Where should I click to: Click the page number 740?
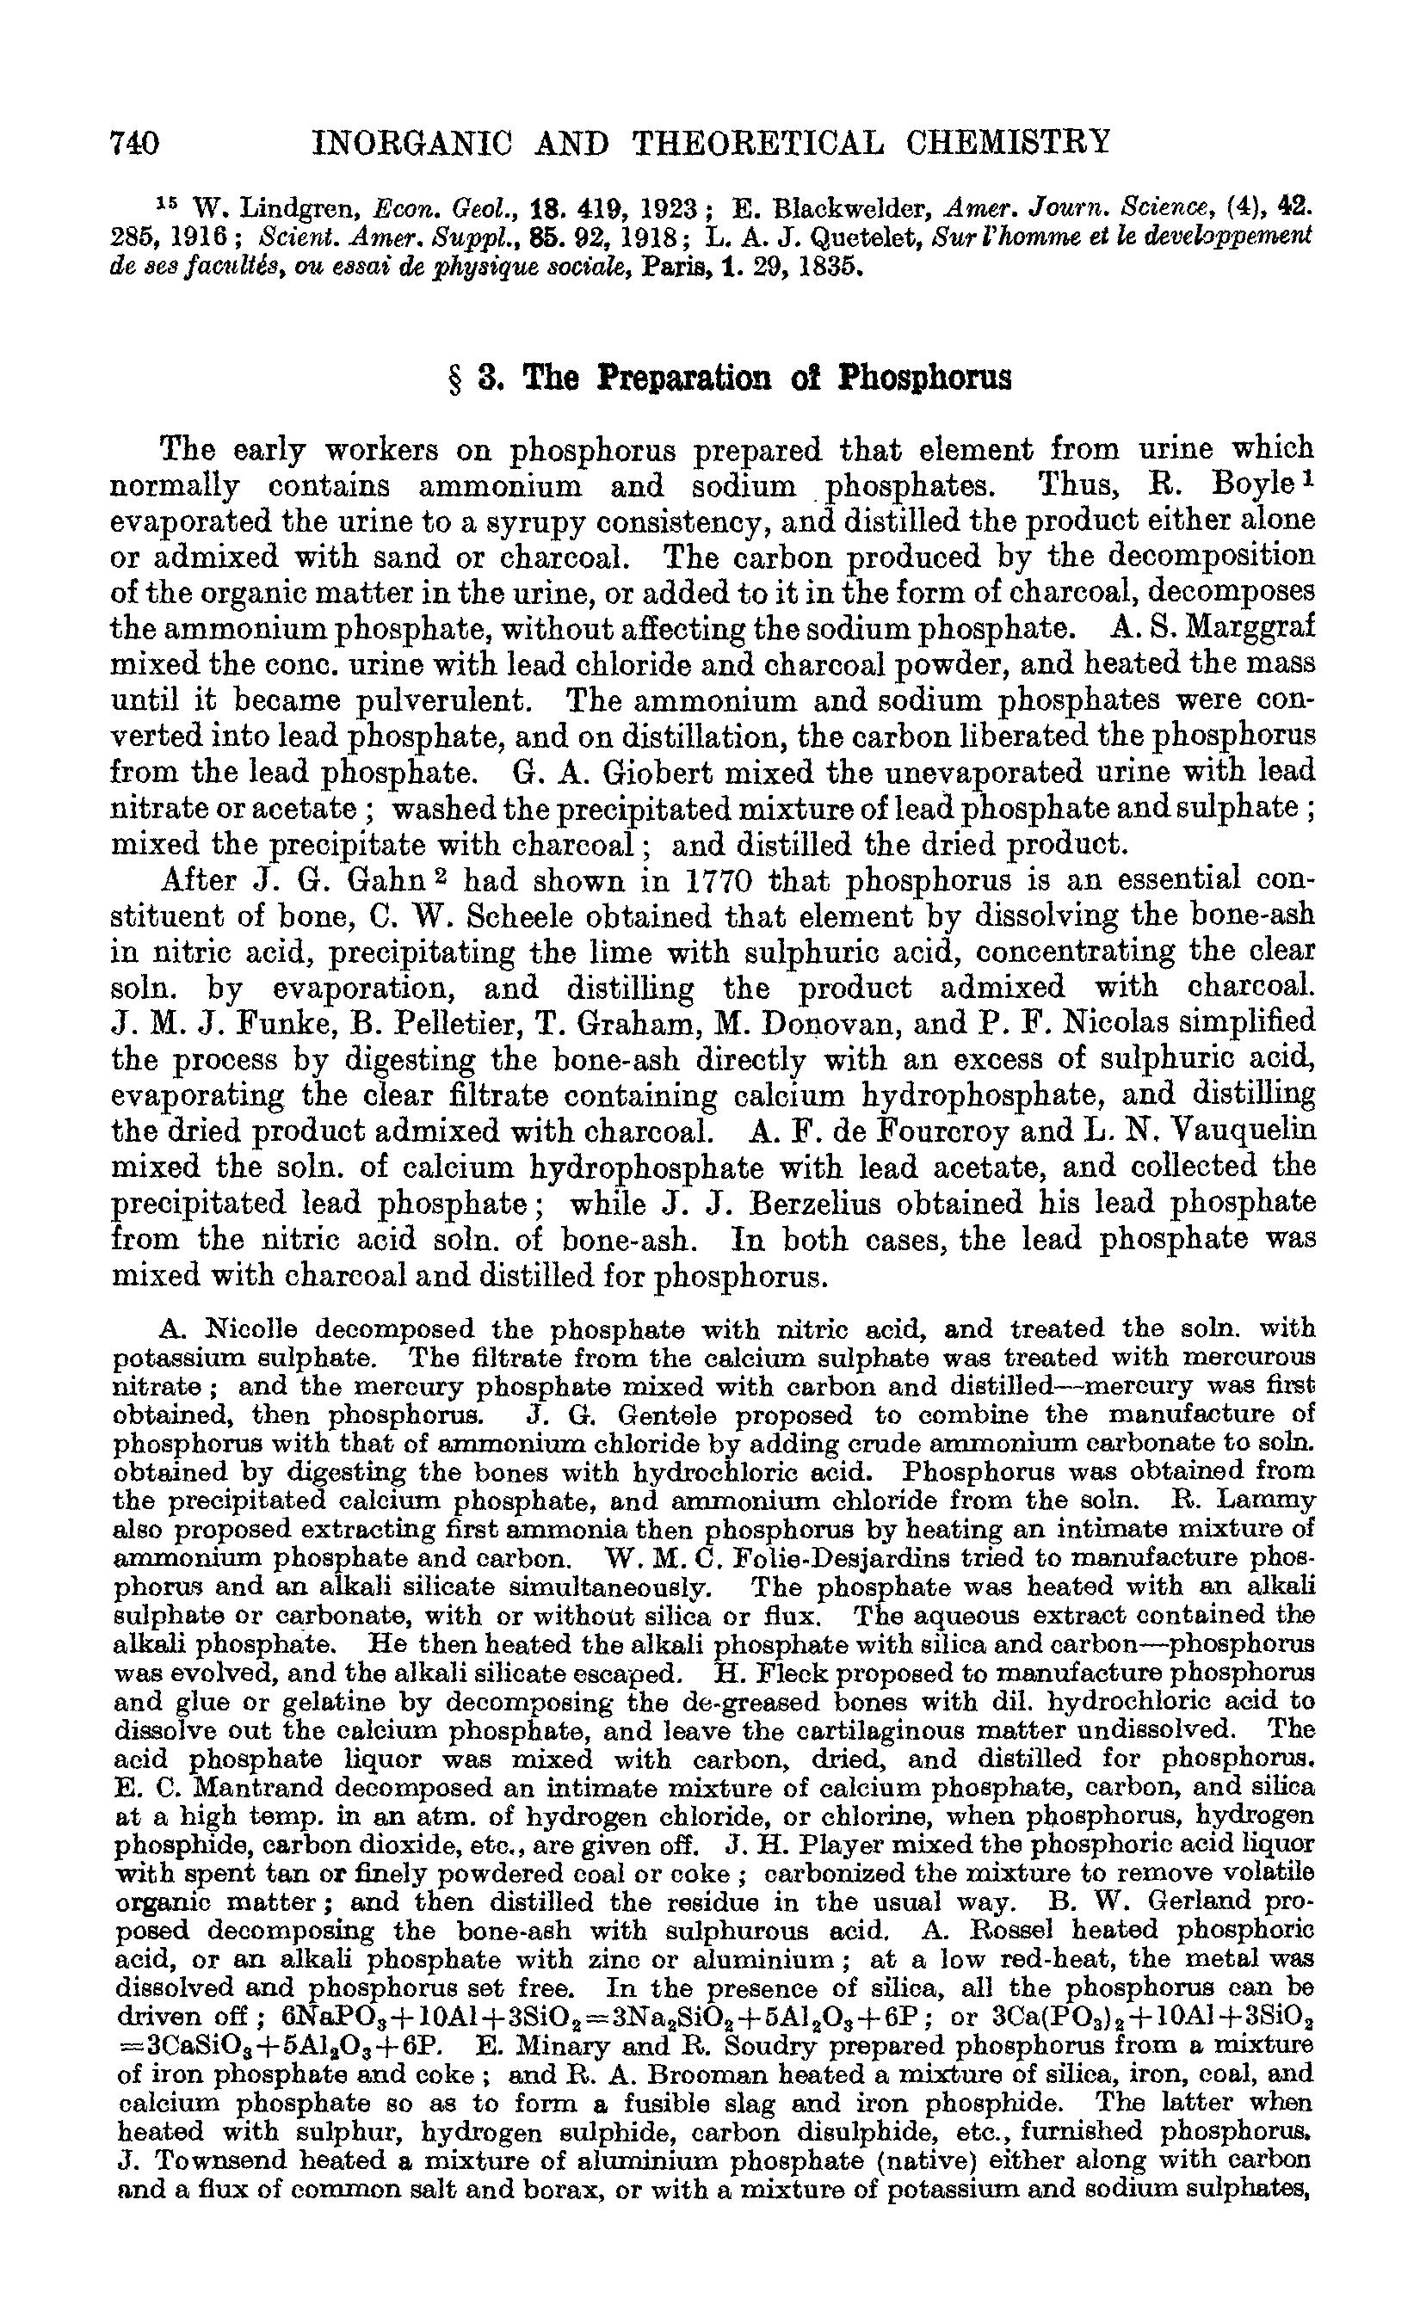135,144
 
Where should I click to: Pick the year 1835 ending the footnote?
830,266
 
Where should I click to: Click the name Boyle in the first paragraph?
1252,486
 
